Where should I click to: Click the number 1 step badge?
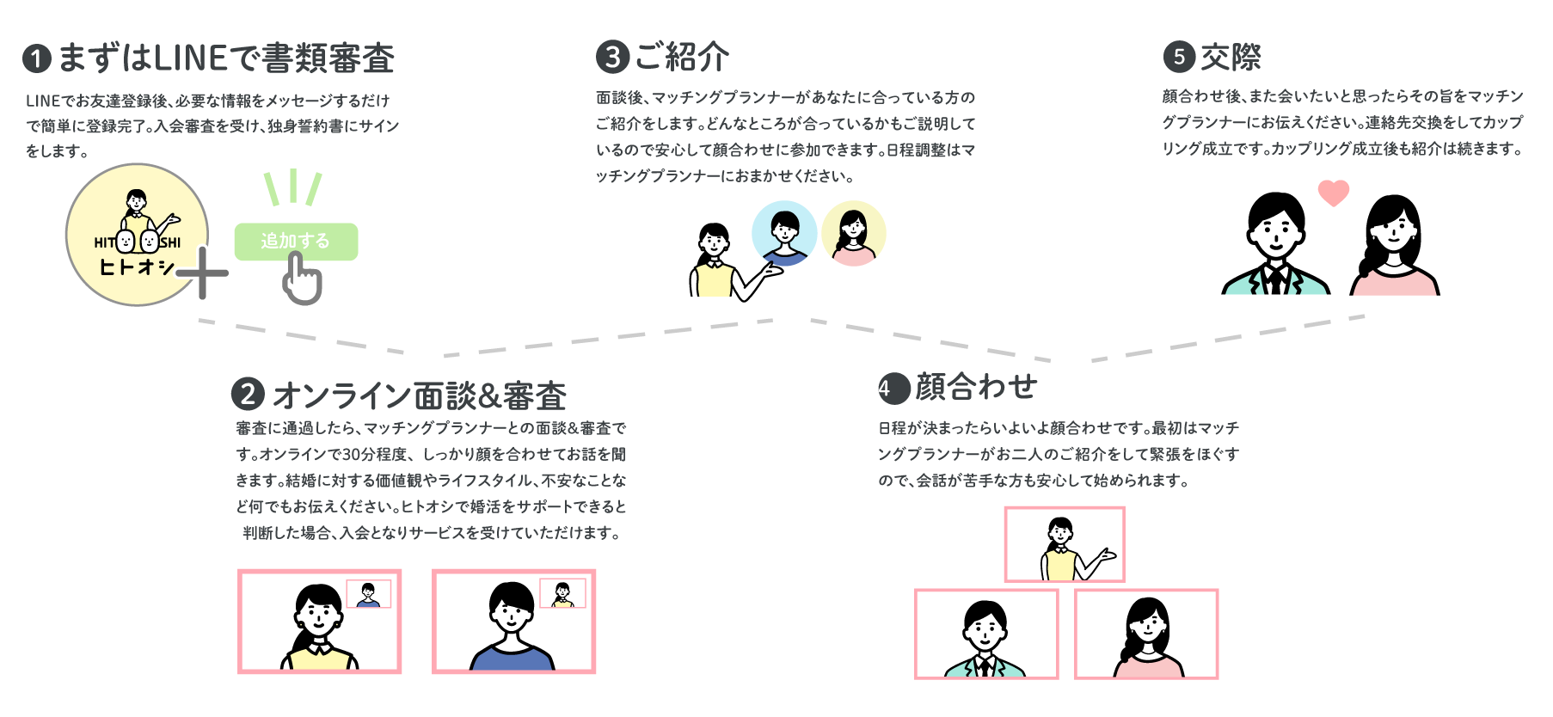pos(37,59)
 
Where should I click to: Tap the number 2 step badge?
pos(248,395)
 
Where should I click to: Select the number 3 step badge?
pos(612,58)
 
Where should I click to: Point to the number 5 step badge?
pos(1179,58)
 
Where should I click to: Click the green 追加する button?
pos(296,242)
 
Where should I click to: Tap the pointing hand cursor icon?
pos(302,279)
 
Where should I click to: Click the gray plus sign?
pos(203,273)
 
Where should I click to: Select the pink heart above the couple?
pos(1334,193)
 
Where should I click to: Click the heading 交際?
pos(1231,58)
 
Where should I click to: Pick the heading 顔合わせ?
pos(976,387)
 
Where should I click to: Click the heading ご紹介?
pos(682,58)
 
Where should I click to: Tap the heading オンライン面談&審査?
pos(419,395)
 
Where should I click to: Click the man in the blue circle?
pos(784,233)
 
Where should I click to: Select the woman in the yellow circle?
pos(853,233)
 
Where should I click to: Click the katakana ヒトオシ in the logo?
pos(136,267)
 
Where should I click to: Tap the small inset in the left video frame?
pos(368,593)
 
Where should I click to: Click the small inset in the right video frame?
pos(562,593)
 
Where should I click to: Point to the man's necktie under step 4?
pos(985,666)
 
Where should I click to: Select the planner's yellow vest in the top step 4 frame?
pos(1060,565)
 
